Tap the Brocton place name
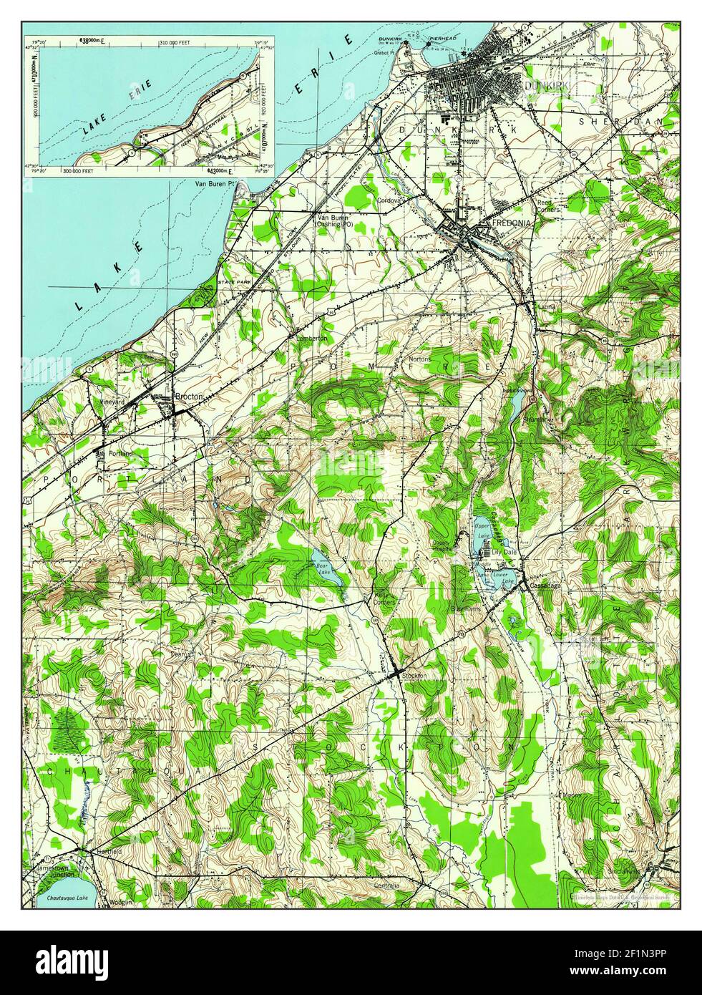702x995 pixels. (190, 397)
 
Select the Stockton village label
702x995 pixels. (414, 676)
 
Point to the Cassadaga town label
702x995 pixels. (545, 586)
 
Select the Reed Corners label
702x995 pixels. (548, 206)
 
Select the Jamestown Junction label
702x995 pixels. (54, 870)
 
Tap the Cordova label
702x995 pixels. (391, 200)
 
